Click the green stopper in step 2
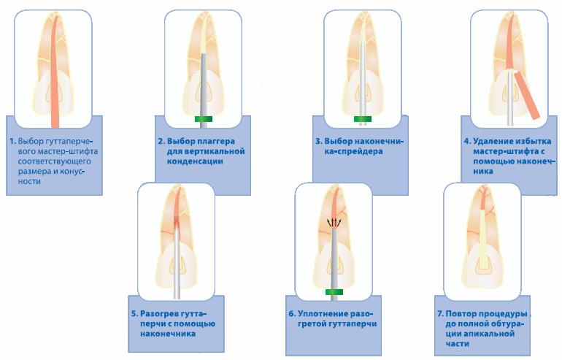tap(204, 119)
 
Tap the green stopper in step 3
tap(363, 119)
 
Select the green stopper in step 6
tap(334, 292)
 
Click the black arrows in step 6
tap(334, 223)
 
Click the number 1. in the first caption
tap(13, 141)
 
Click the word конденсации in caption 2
tap(195, 161)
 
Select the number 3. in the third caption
tap(319, 141)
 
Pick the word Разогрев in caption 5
tap(156, 314)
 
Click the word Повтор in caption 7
tap(460, 314)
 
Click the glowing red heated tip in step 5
tap(177, 225)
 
